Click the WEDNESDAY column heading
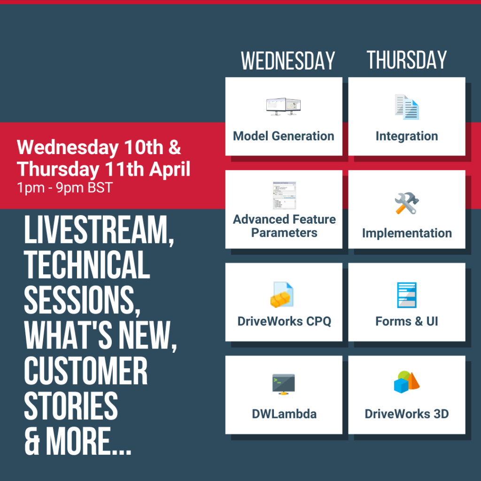click(x=288, y=61)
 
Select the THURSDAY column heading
click(x=407, y=60)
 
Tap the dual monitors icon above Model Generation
click(x=283, y=107)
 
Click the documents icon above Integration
click(x=407, y=107)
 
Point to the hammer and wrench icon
click(x=407, y=203)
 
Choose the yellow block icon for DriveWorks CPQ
click(x=282, y=295)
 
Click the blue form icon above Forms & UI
click(x=407, y=295)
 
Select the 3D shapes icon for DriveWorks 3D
click(x=407, y=382)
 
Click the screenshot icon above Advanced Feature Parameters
click(x=284, y=195)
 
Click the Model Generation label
click(x=283, y=136)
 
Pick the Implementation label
click(x=407, y=233)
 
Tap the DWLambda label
click(x=284, y=414)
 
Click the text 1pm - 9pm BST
click(x=65, y=187)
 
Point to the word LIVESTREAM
click(x=99, y=230)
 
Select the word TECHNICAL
click(x=87, y=264)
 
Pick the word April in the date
click(x=170, y=170)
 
